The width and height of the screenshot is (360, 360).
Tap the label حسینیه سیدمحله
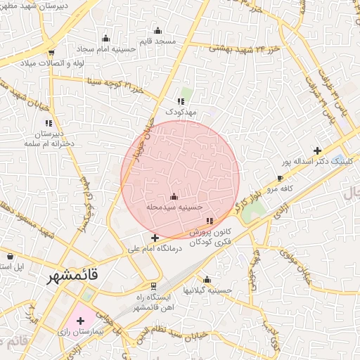tap(175, 208)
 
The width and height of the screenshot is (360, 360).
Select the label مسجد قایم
tap(157, 41)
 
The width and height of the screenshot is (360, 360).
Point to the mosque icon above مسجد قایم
tap(157, 31)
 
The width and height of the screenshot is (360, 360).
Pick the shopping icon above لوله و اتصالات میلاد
tap(51, 53)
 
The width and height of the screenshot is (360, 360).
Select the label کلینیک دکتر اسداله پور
tap(314, 161)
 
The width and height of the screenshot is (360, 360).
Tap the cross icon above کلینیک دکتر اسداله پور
tap(318, 150)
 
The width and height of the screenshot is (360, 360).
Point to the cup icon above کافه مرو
tap(281, 179)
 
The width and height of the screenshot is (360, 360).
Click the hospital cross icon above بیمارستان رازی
tap(80, 320)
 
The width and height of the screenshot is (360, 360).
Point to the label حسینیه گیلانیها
tap(207, 290)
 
